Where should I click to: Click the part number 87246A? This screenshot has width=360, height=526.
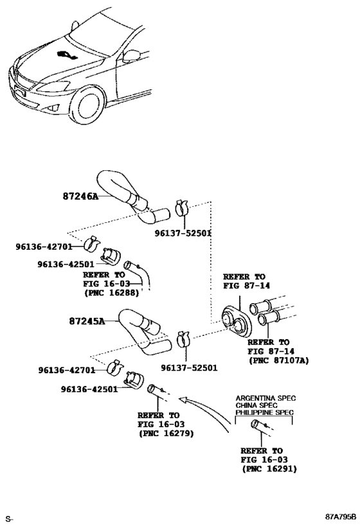tap(80, 197)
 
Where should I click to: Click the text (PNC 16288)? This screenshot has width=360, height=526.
tap(111, 292)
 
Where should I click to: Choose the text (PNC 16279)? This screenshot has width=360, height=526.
tap(166, 434)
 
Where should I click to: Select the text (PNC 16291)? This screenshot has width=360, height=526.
tap(269, 469)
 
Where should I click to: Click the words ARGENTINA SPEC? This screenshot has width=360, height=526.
tap(264, 398)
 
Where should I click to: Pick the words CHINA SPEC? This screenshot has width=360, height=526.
tap(255, 405)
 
